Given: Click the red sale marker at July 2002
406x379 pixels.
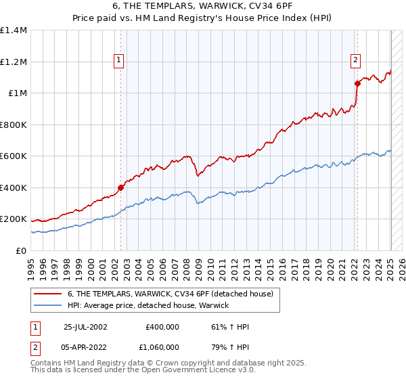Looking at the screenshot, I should (x=120, y=187).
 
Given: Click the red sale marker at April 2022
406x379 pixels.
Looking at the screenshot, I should (x=357, y=84).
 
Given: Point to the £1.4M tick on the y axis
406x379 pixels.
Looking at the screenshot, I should (x=14, y=30).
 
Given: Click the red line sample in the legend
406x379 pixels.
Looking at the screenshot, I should (x=47, y=294).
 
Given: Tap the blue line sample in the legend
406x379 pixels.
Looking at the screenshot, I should (x=47, y=305).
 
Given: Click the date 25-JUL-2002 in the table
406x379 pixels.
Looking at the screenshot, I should (x=85, y=327).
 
